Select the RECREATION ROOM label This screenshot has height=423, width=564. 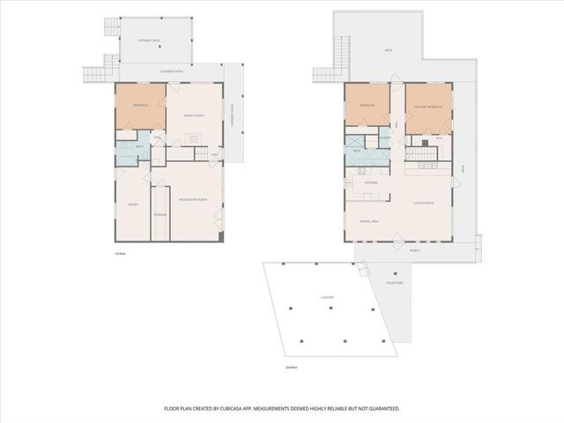(x=192, y=200)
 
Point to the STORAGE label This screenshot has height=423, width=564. (x=160, y=214)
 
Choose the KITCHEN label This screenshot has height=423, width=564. (x=371, y=182)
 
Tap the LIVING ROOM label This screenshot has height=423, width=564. (x=425, y=204)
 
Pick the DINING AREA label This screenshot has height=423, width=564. (x=369, y=220)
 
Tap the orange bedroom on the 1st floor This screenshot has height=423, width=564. (x=140, y=106)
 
